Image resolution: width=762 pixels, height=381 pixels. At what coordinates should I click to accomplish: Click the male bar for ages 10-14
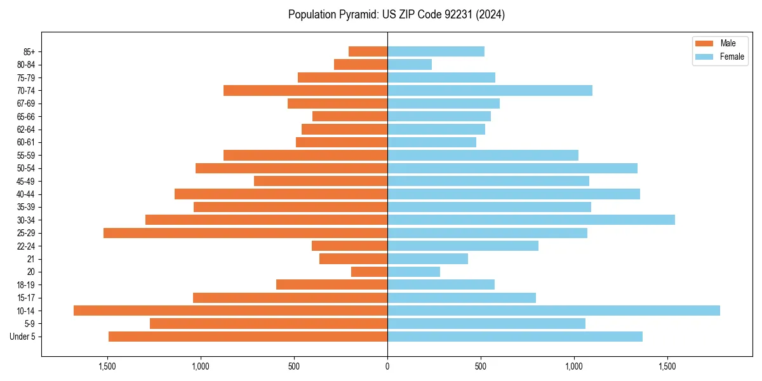coord(231,311)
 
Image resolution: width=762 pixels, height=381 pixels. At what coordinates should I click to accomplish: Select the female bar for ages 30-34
coord(531,220)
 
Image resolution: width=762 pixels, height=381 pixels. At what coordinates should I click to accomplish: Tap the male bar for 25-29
coord(245,233)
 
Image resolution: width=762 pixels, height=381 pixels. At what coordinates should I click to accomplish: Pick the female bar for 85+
coord(436,51)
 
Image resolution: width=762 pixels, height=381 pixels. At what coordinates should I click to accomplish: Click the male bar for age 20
coord(369,272)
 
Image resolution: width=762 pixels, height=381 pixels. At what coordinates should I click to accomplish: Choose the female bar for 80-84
coord(410,64)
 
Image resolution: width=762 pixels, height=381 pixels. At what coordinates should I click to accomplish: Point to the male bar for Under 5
coord(248,337)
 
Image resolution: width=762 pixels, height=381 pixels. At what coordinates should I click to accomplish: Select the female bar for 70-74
coord(490,90)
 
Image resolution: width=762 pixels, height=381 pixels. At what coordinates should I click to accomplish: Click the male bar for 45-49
coord(321,181)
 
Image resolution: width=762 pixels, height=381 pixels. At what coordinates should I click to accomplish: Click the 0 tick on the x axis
coord(387,367)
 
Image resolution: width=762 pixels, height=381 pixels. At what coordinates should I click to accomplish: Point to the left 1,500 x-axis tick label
coord(107,367)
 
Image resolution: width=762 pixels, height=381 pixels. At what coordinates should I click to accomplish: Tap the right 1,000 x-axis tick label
coord(574,367)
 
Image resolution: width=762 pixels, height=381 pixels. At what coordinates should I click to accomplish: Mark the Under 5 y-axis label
coord(23,337)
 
